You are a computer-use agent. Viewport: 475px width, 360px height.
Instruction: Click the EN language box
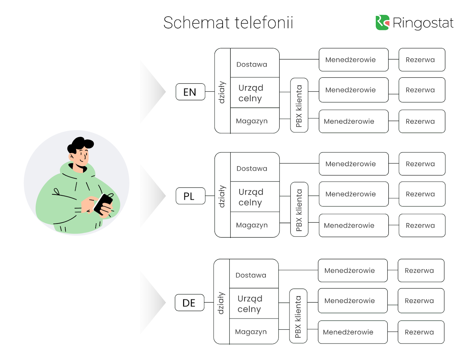coord(190,92)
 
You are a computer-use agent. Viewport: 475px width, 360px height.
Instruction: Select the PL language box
coord(190,196)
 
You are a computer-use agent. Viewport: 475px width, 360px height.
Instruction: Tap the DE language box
coord(189,303)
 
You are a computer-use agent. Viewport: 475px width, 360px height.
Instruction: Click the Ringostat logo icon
coord(382,23)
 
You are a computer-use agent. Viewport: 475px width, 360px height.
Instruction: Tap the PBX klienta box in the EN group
coord(299,105)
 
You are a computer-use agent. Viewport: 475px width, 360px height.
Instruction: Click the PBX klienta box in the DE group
coord(298,316)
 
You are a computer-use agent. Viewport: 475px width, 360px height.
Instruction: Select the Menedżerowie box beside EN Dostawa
coord(354,60)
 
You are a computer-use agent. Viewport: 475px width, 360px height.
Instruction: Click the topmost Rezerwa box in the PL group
coord(422,164)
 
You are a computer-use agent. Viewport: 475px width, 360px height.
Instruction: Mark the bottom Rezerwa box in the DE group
coord(421,332)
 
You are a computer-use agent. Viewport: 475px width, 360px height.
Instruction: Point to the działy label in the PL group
coord(222,196)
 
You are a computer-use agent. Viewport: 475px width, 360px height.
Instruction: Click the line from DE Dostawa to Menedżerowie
coord(298,270)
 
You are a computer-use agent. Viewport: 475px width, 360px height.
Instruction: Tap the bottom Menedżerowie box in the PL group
coord(354,226)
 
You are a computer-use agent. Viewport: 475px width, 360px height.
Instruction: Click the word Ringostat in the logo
coord(423,23)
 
